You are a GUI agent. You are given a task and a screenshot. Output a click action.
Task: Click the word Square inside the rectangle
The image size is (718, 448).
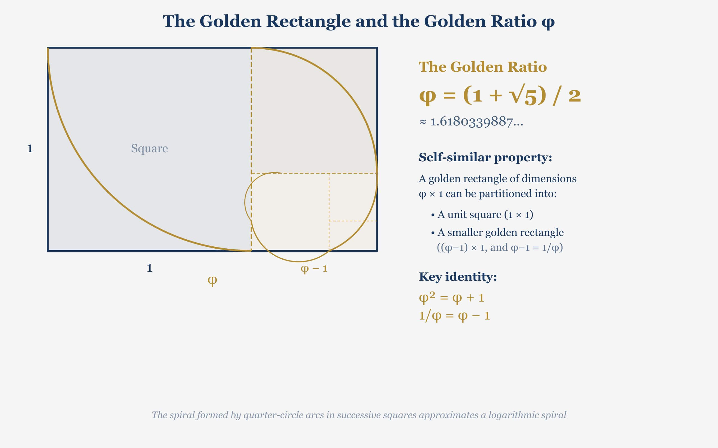pos(149,148)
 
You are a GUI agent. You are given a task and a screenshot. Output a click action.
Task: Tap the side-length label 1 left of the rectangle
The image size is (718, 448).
pos(30,149)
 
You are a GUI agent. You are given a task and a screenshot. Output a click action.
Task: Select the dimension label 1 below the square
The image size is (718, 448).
pos(149,268)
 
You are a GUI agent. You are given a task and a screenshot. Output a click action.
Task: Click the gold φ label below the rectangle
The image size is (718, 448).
pos(212,280)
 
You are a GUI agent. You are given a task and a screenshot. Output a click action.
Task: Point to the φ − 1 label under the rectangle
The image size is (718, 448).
pos(314,269)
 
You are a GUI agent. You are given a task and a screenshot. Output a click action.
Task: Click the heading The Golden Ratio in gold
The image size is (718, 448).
pos(482,67)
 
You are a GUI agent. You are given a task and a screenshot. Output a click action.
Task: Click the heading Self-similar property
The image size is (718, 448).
pos(485,157)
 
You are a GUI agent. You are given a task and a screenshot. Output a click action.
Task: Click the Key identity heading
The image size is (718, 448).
pos(457,277)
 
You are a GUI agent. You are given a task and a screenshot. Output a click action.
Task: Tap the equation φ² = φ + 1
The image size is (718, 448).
pos(451,297)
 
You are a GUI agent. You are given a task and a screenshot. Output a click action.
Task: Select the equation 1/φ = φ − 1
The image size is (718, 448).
pos(454,316)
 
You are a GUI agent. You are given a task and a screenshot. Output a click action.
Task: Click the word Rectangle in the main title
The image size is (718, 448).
pos(309,21)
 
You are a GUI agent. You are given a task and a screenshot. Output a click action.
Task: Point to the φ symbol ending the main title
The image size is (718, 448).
pos(548,22)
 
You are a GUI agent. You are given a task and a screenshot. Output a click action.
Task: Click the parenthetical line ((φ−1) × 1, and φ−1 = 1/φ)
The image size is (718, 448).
pos(500,248)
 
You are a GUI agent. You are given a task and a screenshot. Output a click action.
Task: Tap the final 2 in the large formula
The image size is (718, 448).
pos(574,96)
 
